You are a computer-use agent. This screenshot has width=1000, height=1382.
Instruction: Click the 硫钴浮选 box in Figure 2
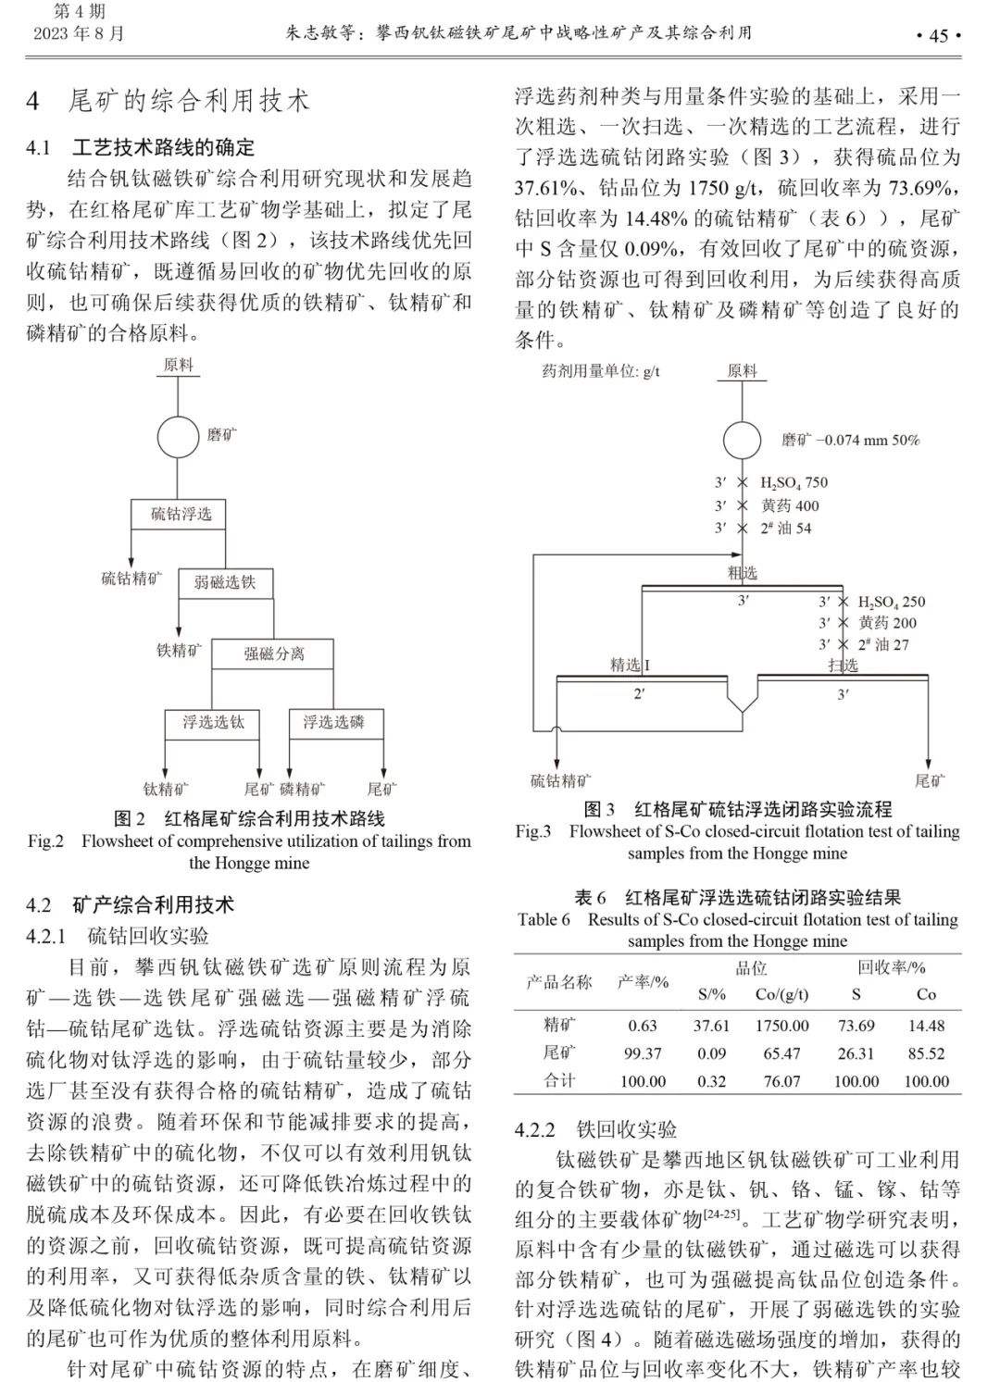[x=181, y=514]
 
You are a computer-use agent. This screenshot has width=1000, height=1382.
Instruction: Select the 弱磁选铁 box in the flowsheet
[x=225, y=582]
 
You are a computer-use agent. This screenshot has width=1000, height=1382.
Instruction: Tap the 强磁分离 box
[x=274, y=654]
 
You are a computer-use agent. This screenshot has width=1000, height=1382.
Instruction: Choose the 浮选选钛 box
[x=213, y=722]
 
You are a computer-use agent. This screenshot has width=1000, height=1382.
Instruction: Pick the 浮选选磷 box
[x=333, y=722]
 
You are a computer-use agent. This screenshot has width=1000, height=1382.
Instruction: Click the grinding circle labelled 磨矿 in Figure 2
[x=178, y=437]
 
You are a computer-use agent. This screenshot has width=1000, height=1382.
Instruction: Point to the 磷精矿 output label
[x=302, y=789]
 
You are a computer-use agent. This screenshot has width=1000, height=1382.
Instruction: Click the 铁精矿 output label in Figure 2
[x=178, y=651]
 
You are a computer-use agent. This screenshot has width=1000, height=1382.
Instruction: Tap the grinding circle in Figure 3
[x=742, y=440]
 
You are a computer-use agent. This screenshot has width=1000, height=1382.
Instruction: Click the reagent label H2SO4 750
[x=794, y=482]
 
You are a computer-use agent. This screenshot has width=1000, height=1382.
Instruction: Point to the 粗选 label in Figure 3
[x=742, y=573]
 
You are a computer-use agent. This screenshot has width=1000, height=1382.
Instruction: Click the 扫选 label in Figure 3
[x=843, y=665]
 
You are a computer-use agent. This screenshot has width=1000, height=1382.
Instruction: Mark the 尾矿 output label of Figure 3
[x=930, y=781]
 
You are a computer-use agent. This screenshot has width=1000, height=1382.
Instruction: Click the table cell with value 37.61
[x=711, y=1026]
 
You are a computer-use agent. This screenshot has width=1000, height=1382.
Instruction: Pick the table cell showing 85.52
[x=926, y=1053]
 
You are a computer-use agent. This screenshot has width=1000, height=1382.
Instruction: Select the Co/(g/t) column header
[x=781, y=994]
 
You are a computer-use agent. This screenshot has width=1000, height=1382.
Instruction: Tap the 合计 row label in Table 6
[x=559, y=1080]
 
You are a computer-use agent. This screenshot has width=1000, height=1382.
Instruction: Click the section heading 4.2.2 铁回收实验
[x=595, y=1129]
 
